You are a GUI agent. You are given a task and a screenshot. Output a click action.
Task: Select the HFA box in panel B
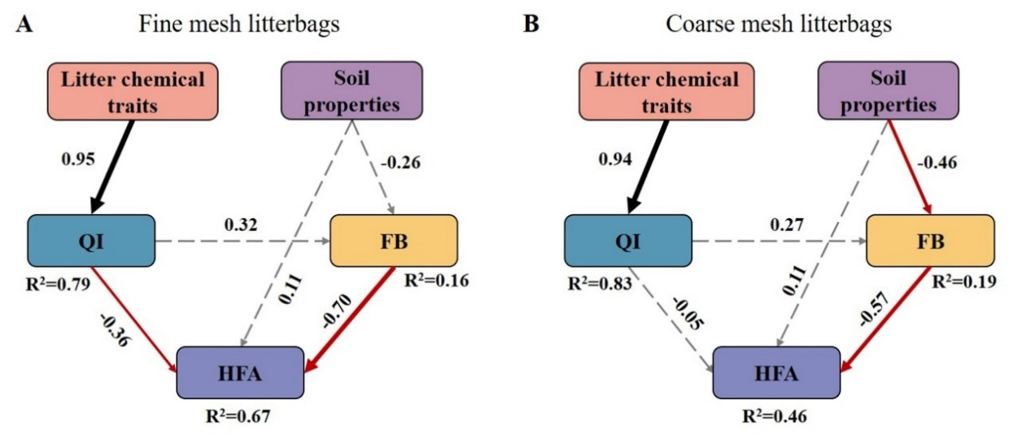[775, 373]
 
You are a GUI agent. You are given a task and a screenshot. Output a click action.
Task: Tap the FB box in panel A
[394, 241]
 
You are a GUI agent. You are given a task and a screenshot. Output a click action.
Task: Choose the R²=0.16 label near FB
[436, 283]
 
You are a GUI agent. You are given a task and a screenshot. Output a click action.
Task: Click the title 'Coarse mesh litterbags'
[778, 24]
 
